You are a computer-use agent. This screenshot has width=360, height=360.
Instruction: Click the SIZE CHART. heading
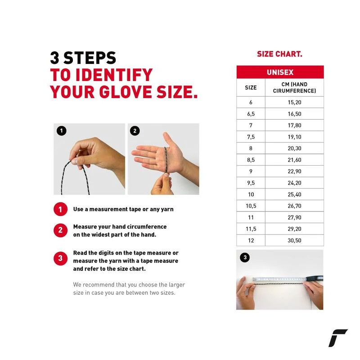(x=279, y=54)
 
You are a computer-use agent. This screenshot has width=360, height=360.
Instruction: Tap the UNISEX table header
(x=280, y=72)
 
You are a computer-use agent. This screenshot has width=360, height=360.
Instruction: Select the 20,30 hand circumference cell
(x=294, y=148)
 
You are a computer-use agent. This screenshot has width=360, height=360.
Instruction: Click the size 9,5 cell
(x=251, y=183)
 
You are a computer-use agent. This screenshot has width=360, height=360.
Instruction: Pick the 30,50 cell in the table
(x=294, y=240)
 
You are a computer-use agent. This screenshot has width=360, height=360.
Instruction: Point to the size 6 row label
(x=251, y=102)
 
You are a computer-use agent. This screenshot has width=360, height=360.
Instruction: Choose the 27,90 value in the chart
(x=294, y=217)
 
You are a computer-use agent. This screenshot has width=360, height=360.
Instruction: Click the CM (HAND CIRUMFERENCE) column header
(x=294, y=87)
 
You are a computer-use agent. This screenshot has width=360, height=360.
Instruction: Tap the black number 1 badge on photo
(x=61, y=131)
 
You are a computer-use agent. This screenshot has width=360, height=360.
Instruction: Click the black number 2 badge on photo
(x=135, y=131)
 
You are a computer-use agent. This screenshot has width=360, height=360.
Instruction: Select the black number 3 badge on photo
(x=245, y=257)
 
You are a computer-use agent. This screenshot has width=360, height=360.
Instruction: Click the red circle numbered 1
(x=60, y=209)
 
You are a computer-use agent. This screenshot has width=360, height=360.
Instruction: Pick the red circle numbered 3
(x=60, y=258)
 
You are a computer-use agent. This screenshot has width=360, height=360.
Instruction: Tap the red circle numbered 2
(x=60, y=230)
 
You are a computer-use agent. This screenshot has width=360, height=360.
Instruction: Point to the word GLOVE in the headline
(x=126, y=92)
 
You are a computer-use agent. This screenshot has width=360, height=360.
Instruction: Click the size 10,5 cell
(x=251, y=206)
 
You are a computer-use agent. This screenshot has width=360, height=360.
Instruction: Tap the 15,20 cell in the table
(x=294, y=102)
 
